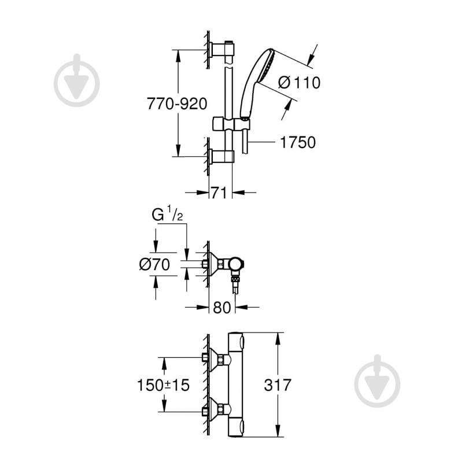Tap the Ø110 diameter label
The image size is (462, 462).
[298, 83]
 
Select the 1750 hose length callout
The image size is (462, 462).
[298, 142]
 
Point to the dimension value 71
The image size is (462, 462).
[218, 193]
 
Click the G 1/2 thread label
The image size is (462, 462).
[167, 215]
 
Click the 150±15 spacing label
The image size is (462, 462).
[163, 385]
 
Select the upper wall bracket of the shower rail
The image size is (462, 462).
[222, 50]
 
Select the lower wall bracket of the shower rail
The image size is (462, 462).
[222, 156]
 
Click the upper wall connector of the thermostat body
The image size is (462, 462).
[218, 360]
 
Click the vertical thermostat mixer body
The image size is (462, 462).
[236, 385]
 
